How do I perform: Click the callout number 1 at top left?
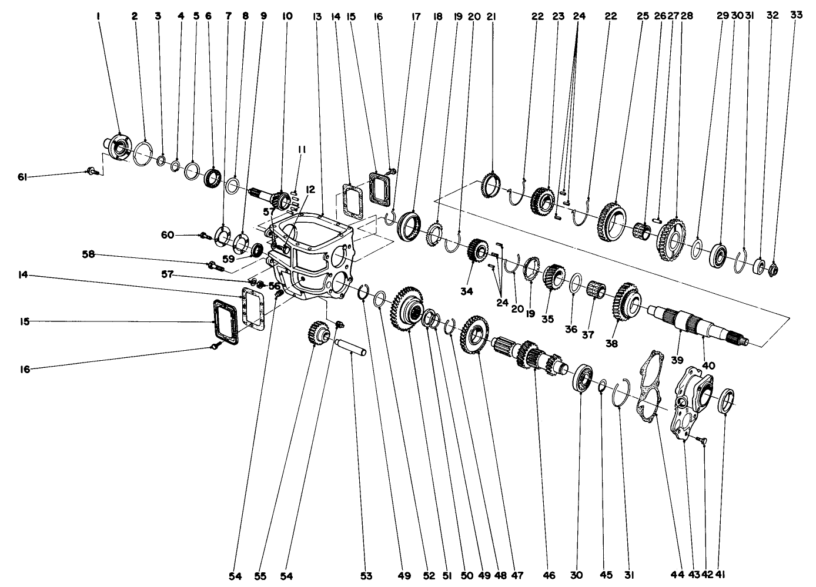98,16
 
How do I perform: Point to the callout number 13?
317,16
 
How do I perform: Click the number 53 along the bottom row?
366,576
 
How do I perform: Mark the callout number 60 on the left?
168,235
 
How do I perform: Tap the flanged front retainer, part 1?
116,147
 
